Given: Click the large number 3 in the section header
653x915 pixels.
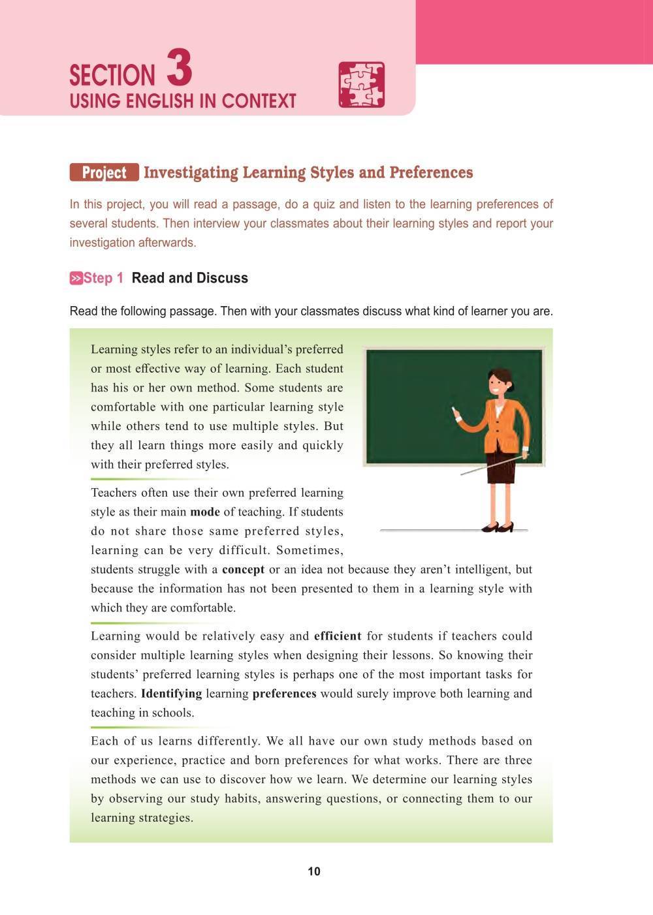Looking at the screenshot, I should [x=180, y=69].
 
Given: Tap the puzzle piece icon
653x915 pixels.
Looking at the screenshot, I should [x=361, y=85].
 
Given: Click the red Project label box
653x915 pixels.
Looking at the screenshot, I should [x=104, y=172].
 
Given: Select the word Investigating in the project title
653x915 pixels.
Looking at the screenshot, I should [x=190, y=172].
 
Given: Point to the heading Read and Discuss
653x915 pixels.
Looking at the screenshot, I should [x=189, y=278].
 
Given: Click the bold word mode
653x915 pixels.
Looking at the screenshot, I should [x=204, y=512].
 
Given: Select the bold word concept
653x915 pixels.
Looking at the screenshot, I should [x=243, y=569].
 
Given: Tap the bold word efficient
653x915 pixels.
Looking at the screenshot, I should [x=338, y=636].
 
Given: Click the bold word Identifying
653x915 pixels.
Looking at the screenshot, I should [x=171, y=693].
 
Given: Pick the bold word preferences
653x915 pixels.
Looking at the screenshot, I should [x=284, y=693].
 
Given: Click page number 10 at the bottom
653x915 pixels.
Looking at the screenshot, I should [x=314, y=871].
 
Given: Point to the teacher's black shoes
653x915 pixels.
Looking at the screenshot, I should [x=498, y=527].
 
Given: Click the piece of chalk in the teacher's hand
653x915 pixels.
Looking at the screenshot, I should [x=454, y=411].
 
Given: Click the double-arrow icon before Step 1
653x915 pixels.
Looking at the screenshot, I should [x=76, y=279].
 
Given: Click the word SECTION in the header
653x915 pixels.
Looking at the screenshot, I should [x=112, y=76].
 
